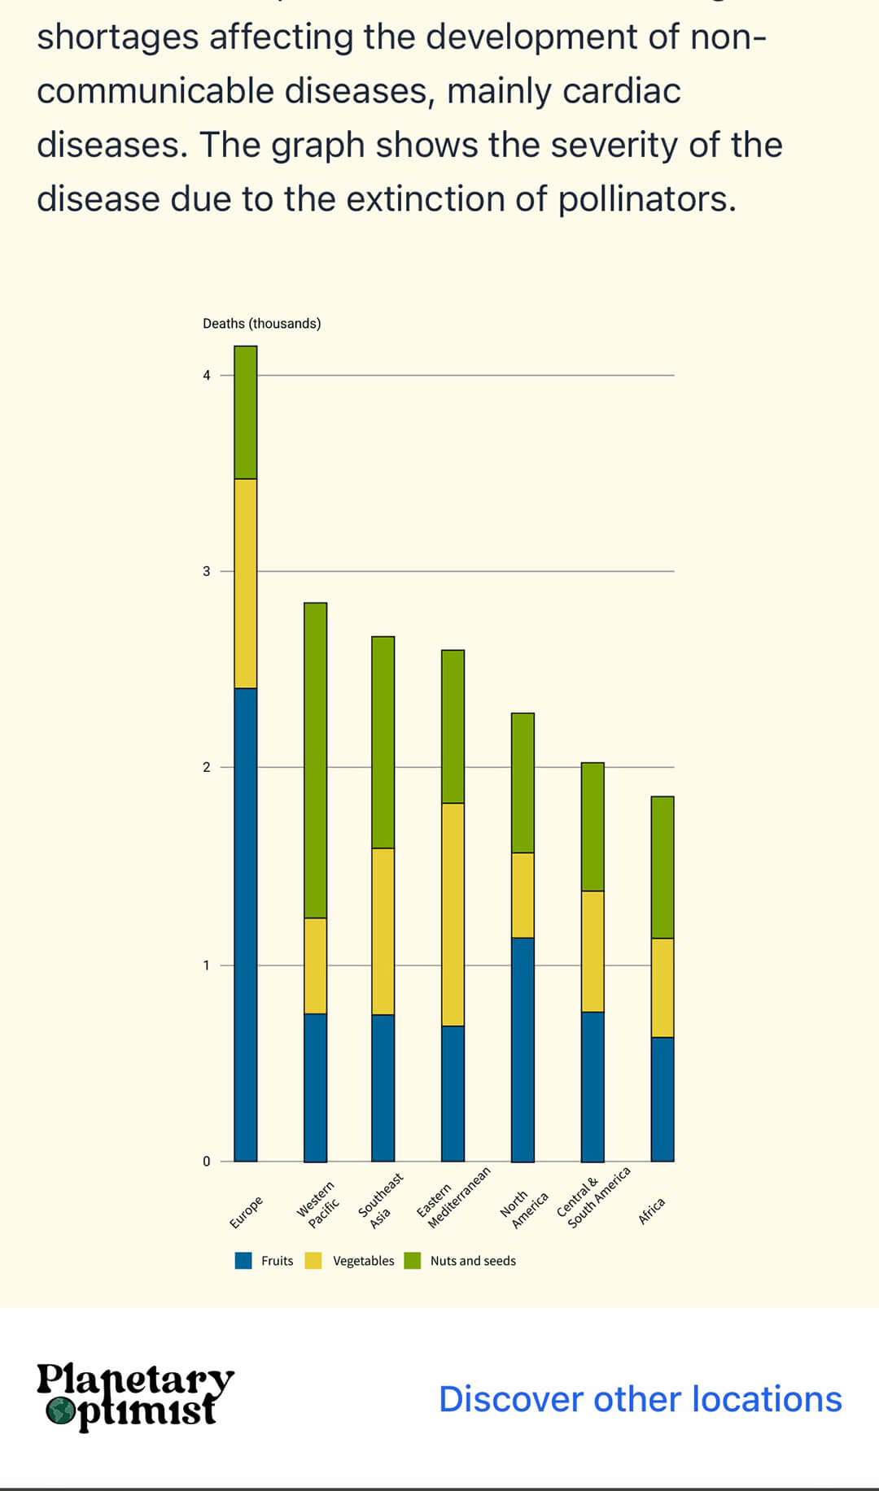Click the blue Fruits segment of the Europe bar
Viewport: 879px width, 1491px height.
coord(245,924)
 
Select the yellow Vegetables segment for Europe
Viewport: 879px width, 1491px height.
coord(245,583)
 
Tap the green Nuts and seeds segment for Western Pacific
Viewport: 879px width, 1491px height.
coord(315,760)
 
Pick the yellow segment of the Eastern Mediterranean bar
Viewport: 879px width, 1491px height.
coord(453,914)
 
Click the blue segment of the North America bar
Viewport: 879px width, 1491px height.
coord(523,1049)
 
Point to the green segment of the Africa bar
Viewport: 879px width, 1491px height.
coord(663,867)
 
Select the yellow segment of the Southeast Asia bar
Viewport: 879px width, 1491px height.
coord(383,931)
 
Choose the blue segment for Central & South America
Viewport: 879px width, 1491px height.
coord(593,1087)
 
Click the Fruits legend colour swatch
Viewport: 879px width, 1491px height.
coord(243,1261)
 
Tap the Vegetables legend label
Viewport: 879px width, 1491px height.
coord(363,1261)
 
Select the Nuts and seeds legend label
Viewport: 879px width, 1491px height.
coord(473,1261)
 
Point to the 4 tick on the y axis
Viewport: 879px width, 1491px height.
coord(207,375)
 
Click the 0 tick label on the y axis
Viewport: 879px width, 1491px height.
coord(207,1162)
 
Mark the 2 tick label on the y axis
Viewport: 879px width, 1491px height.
coord(207,767)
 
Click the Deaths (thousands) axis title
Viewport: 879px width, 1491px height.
coord(261,324)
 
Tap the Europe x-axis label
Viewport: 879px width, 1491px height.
coord(246,1212)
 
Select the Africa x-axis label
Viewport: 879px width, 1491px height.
coord(652,1210)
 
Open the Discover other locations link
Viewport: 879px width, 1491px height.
coord(640,1399)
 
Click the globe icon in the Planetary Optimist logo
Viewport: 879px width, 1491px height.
coord(59,1411)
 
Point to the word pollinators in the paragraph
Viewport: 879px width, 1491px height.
coord(646,198)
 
